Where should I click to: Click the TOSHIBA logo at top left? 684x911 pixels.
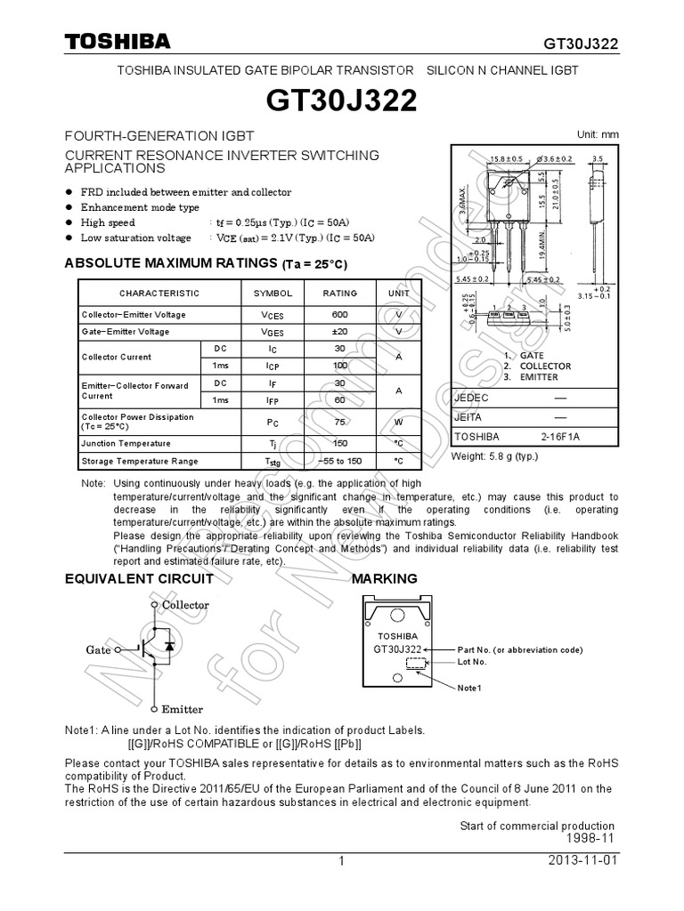click(x=116, y=43)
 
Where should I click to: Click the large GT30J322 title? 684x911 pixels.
click(x=341, y=101)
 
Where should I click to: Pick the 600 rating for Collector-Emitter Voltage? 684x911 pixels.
click(x=339, y=315)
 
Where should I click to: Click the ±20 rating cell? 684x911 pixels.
click(x=339, y=332)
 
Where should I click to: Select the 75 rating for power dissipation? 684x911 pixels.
click(x=339, y=423)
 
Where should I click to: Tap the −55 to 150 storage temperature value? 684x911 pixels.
click(x=339, y=461)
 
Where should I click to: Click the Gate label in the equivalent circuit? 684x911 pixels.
click(x=98, y=650)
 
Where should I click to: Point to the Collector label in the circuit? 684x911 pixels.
click(x=185, y=605)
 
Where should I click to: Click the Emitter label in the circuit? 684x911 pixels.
click(x=182, y=709)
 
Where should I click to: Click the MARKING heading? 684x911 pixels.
click(x=385, y=579)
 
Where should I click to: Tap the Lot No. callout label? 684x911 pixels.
click(x=472, y=662)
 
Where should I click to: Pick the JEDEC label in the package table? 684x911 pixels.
click(x=472, y=398)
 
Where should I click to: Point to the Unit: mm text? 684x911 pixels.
click(x=598, y=134)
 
